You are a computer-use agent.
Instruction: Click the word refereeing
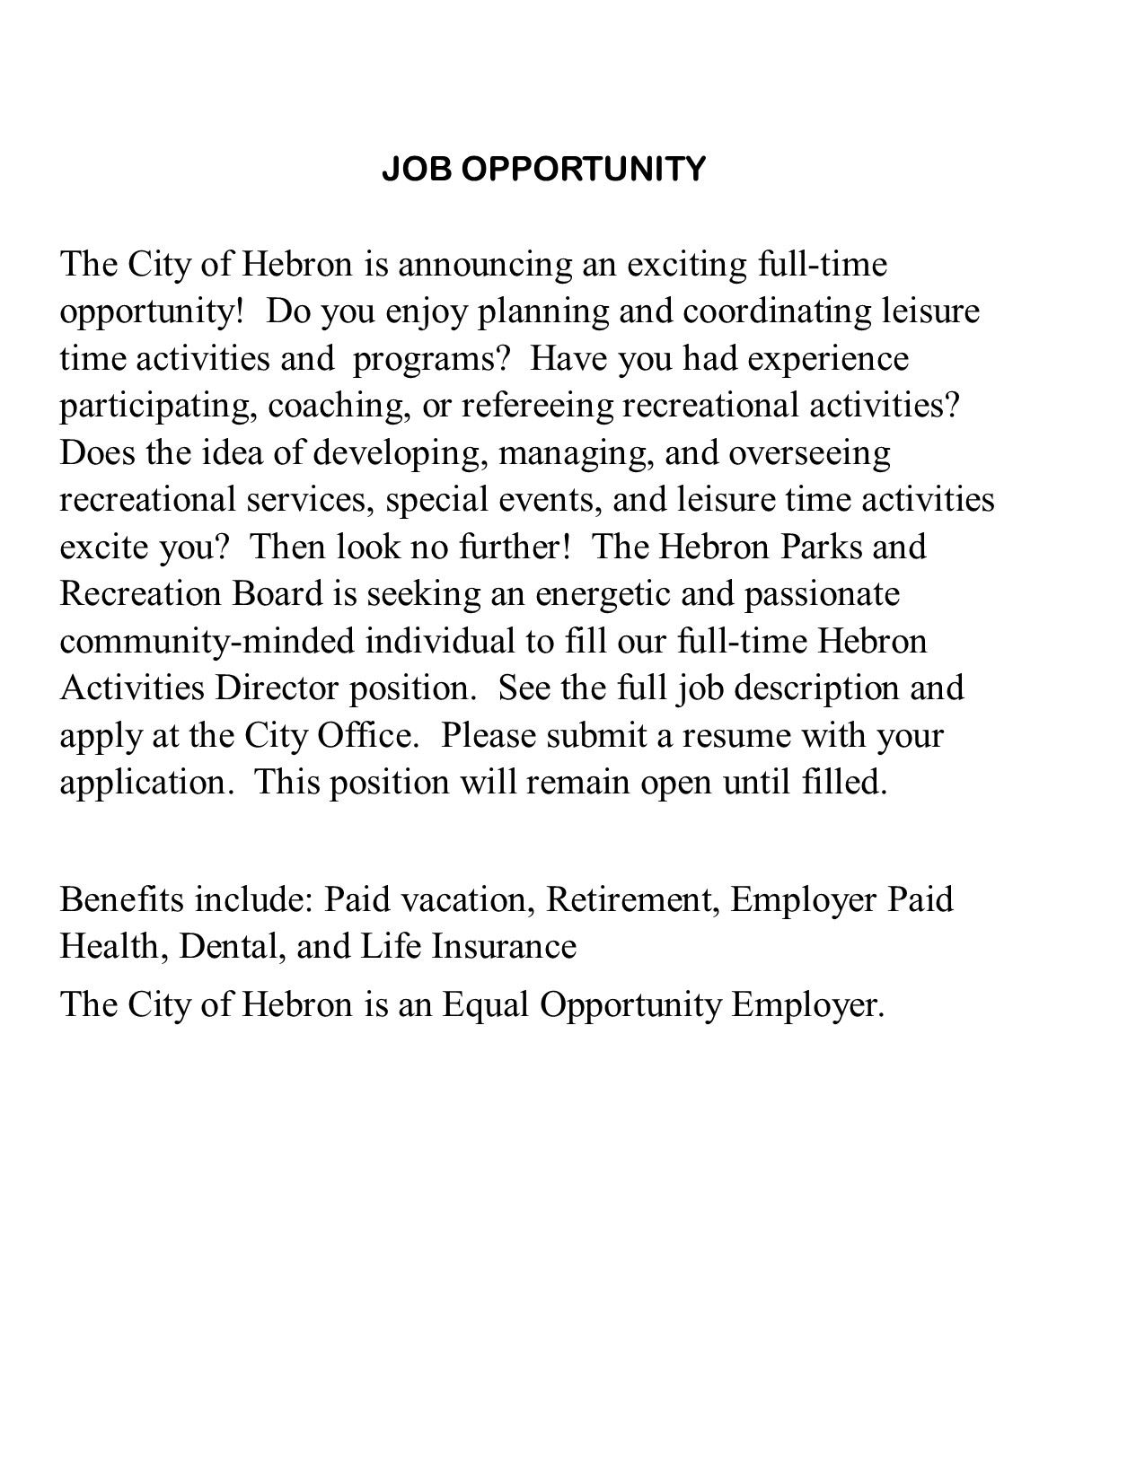537,406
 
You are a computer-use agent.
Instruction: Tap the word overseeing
809,452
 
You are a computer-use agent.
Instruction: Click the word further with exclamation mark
515,547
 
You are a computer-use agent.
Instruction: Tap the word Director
277,688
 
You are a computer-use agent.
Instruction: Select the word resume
735,735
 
